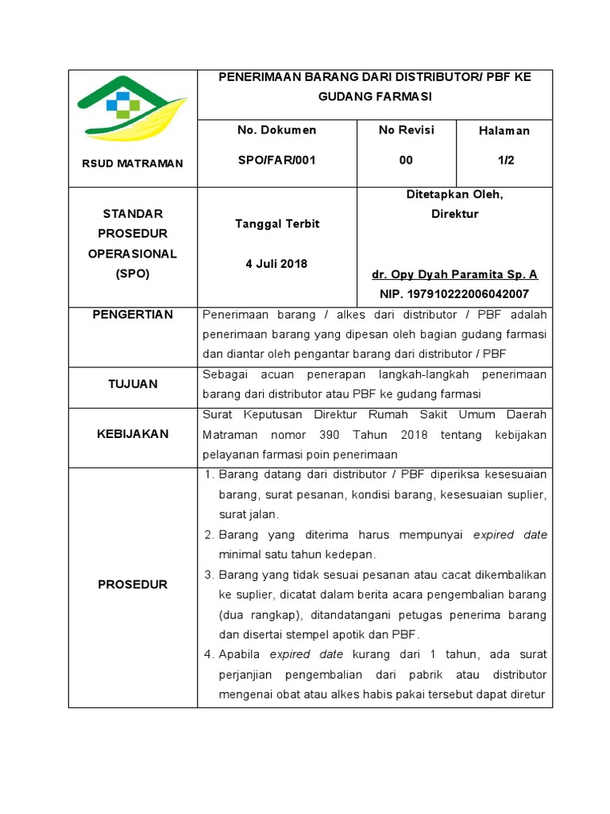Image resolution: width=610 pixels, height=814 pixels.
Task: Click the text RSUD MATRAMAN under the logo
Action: coord(133,163)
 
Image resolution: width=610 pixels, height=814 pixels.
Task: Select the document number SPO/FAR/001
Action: coord(276,160)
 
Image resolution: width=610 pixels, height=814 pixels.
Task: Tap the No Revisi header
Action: coord(406,130)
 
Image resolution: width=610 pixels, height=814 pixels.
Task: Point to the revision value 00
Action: coord(406,160)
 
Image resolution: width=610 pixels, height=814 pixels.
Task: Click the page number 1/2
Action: coord(505,160)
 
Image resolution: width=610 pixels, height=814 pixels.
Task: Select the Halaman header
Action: coord(504,130)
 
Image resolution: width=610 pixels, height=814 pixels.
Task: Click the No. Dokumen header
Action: coord(276,130)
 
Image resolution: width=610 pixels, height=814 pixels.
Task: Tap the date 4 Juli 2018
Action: coord(276,263)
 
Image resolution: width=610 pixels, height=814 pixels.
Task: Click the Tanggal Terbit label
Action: coord(276,223)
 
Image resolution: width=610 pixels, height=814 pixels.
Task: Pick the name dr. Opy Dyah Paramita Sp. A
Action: coord(454,274)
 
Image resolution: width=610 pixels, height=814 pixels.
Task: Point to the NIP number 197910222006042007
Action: coord(454,294)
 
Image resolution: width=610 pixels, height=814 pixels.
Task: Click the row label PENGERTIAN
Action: coord(133,314)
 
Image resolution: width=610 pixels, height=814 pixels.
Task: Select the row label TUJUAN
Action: coord(133,384)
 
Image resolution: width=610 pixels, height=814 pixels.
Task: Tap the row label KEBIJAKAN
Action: coord(133,434)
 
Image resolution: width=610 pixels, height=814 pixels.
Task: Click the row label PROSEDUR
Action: coord(133,584)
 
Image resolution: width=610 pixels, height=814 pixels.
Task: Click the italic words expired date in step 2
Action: coord(510,535)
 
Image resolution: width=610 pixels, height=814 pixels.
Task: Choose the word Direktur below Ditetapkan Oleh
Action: coord(454,214)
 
